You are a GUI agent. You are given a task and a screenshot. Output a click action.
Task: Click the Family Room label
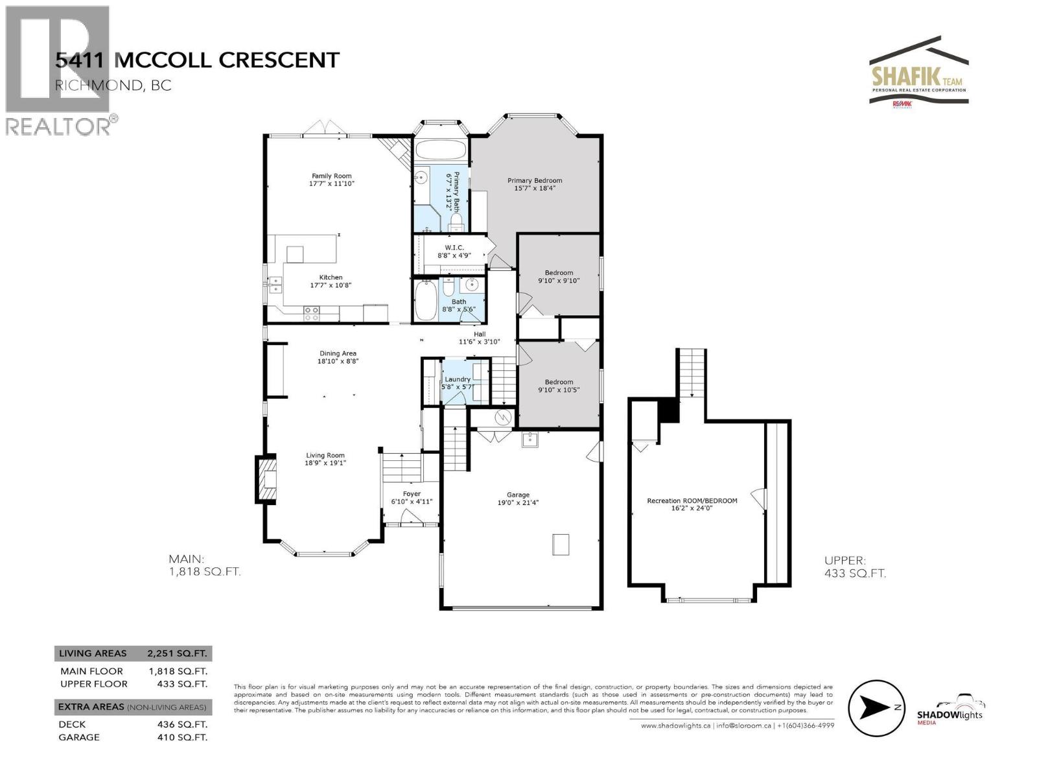pyautogui.click(x=332, y=176)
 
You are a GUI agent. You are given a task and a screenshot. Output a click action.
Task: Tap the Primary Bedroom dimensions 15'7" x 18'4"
pyautogui.click(x=535, y=189)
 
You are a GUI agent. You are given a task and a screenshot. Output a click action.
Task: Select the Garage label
pyautogui.click(x=518, y=495)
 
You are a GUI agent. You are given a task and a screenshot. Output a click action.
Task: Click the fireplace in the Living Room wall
pyautogui.click(x=266, y=479)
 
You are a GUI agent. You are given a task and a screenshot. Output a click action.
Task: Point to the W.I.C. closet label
pyautogui.click(x=454, y=248)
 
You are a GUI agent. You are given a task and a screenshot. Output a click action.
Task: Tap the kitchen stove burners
pyautogui.click(x=312, y=314)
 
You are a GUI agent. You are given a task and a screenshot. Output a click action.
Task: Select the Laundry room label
pyautogui.click(x=458, y=379)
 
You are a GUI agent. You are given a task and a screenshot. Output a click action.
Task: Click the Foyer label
pyautogui.click(x=412, y=494)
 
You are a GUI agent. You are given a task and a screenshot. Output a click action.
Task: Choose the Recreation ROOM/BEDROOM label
pyautogui.click(x=692, y=501)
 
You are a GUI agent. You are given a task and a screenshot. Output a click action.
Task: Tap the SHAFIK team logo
pyautogui.click(x=919, y=71)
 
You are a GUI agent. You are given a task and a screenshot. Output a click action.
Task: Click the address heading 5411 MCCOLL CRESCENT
pyautogui.click(x=197, y=60)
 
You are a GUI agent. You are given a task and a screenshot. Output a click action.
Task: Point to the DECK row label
pyautogui.click(x=72, y=724)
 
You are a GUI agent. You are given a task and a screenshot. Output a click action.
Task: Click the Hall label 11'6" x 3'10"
pyautogui.click(x=480, y=338)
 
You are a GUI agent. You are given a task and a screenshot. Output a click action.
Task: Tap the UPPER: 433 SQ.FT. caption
pyautogui.click(x=855, y=567)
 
